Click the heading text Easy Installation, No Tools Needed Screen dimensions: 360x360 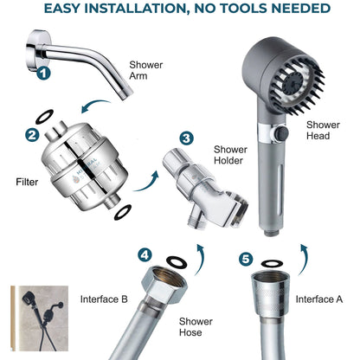[x=180, y=10]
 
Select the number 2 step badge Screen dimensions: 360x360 [x=32, y=134]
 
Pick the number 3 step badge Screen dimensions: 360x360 [x=186, y=138]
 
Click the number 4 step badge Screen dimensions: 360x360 [x=145, y=254]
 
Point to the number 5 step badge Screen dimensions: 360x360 [x=245, y=258]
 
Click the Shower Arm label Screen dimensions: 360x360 [x=145, y=70]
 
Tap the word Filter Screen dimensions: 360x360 [x=26, y=183]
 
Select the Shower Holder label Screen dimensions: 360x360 [x=229, y=155]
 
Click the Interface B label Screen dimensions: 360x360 [x=104, y=299]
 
